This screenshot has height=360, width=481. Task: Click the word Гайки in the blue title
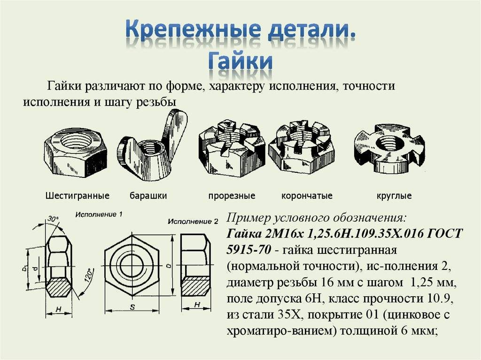tap(240, 61)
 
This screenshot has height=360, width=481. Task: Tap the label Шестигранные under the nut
tap(78, 196)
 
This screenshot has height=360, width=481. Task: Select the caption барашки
tap(148, 196)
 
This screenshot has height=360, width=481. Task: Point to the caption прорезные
tap(232, 196)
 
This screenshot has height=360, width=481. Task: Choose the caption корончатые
tap(307, 196)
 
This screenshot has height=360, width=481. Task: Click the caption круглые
tap(394, 196)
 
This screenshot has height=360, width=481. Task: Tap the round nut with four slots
tap(389, 147)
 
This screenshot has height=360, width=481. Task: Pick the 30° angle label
tap(53, 219)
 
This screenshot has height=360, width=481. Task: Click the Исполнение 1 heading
tap(99, 214)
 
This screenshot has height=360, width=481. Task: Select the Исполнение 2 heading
tap(193, 222)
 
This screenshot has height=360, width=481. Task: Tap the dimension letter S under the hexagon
tap(132, 306)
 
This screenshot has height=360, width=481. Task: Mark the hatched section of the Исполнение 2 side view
tap(196, 286)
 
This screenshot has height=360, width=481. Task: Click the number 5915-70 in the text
tap(249, 250)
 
